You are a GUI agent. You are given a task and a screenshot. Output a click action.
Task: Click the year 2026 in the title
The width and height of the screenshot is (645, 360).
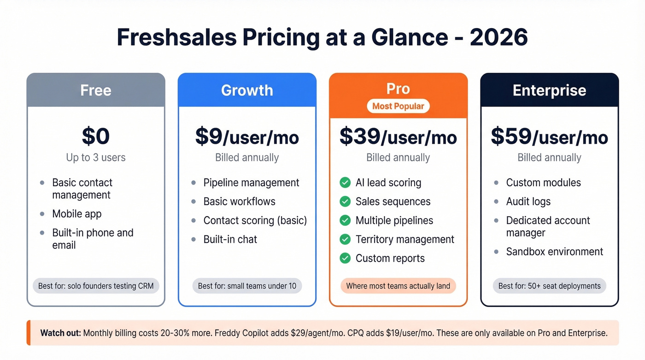pyautogui.click(x=498, y=37)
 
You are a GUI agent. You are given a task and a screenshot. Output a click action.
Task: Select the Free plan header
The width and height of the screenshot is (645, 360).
pyautogui.click(x=96, y=90)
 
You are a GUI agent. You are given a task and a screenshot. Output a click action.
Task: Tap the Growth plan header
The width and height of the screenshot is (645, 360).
pyautogui.click(x=247, y=90)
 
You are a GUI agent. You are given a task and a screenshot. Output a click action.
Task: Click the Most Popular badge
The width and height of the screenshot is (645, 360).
pyautogui.click(x=398, y=106)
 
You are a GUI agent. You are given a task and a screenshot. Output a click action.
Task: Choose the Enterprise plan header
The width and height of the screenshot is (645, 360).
pyautogui.click(x=549, y=90)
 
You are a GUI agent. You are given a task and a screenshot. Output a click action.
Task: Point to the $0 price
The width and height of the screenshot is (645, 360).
pyautogui.click(x=96, y=136)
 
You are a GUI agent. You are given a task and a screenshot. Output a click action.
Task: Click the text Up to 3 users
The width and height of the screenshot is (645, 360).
pyautogui.click(x=96, y=158)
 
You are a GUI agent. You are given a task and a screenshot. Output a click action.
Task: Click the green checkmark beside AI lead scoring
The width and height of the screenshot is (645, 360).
pyautogui.click(x=345, y=183)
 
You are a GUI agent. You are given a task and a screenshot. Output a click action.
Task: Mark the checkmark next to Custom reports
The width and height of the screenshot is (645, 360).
pyautogui.click(x=345, y=259)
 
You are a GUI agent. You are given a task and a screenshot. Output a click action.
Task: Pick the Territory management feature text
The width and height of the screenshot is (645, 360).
pyautogui.click(x=405, y=240)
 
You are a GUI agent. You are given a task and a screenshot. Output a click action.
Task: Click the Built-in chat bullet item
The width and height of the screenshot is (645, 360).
pyautogui.click(x=230, y=240)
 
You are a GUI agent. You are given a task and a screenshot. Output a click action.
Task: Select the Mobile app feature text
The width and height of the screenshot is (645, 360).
pyautogui.click(x=77, y=214)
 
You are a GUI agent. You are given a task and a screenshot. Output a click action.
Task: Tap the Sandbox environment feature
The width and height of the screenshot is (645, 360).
pyautogui.click(x=554, y=252)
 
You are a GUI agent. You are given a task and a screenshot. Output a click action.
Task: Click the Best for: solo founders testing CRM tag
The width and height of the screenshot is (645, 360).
pyautogui.click(x=96, y=286)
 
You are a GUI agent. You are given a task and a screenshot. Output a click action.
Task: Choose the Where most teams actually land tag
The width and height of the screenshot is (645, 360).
pyautogui.click(x=398, y=286)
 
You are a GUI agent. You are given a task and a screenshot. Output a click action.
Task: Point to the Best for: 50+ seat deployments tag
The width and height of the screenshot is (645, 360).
pyautogui.click(x=549, y=286)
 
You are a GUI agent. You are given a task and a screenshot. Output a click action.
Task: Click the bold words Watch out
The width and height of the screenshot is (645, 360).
pyautogui.click(x=60, y=333)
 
